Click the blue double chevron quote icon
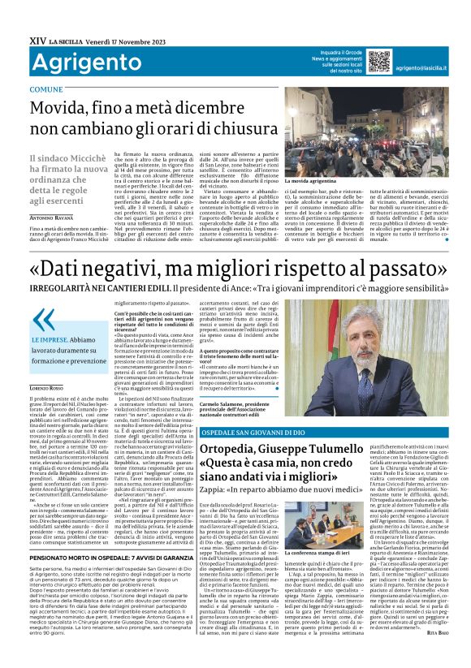pyautogui.click(x=46, y=319)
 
